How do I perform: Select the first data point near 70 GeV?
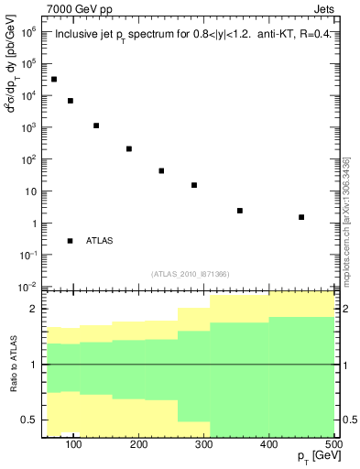[54, 79]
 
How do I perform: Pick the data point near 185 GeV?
[129, 148]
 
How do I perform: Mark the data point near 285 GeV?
[194, 185]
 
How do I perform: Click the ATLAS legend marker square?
[70, 241]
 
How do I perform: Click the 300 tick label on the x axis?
[204, 446]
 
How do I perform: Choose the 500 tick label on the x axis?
[333, 446]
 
